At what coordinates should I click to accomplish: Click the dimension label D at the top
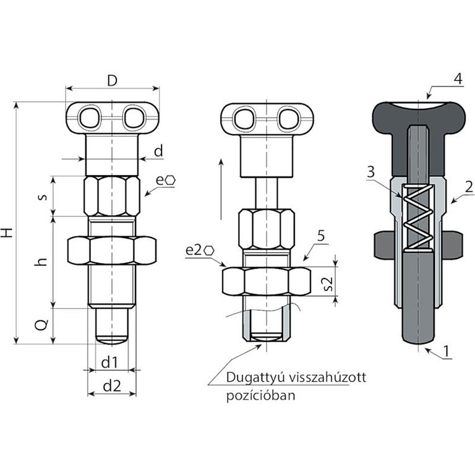tap(112, 80)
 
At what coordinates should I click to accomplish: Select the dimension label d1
tap(109, 362)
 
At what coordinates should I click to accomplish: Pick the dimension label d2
tap(112, 386)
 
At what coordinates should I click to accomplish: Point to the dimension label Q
tap(41, 325)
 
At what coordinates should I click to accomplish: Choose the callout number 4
tap(458, 79)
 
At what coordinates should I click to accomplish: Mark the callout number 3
tap(370, 172)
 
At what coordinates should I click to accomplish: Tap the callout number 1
tap(446, 351)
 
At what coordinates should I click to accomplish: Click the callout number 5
tap(321, 236)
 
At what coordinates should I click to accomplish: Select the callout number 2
tap(469, 187)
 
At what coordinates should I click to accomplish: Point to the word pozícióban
tap(261, 396)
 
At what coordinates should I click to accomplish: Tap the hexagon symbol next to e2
tap(209, 250)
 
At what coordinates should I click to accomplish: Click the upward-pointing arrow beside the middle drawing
tap(221, 189)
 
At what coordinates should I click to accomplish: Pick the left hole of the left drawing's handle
tap(89, 118)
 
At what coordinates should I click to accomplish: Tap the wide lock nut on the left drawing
tap(112, 250)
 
